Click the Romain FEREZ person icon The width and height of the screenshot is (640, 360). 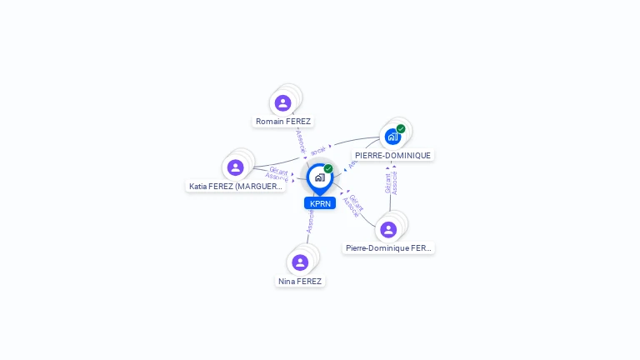[282, 103]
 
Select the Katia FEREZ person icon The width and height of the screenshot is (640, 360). [236, 167]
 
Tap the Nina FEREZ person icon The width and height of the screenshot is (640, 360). [300, 262]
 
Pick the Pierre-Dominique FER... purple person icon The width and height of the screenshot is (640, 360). [388, 229]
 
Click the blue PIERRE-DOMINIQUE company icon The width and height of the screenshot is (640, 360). [392, 137]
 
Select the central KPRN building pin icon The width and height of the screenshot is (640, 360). [319, 177]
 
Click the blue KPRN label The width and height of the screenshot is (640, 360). [320, 203]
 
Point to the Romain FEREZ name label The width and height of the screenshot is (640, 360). [283, 122]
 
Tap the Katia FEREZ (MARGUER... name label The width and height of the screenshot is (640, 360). [236, 187]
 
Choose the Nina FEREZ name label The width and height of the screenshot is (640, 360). [300, 282]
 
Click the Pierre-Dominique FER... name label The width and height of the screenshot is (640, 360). [388, 248]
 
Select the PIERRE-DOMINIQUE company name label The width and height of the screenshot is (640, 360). [392, 156]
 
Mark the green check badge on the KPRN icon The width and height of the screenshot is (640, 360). [328, 169]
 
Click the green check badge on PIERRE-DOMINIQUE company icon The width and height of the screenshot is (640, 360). [401, 129]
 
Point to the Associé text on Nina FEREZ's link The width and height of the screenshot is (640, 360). [310, 222]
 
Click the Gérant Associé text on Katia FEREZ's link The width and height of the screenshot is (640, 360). [277, 174]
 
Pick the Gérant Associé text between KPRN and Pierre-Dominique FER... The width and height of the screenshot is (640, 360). [353, 205]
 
